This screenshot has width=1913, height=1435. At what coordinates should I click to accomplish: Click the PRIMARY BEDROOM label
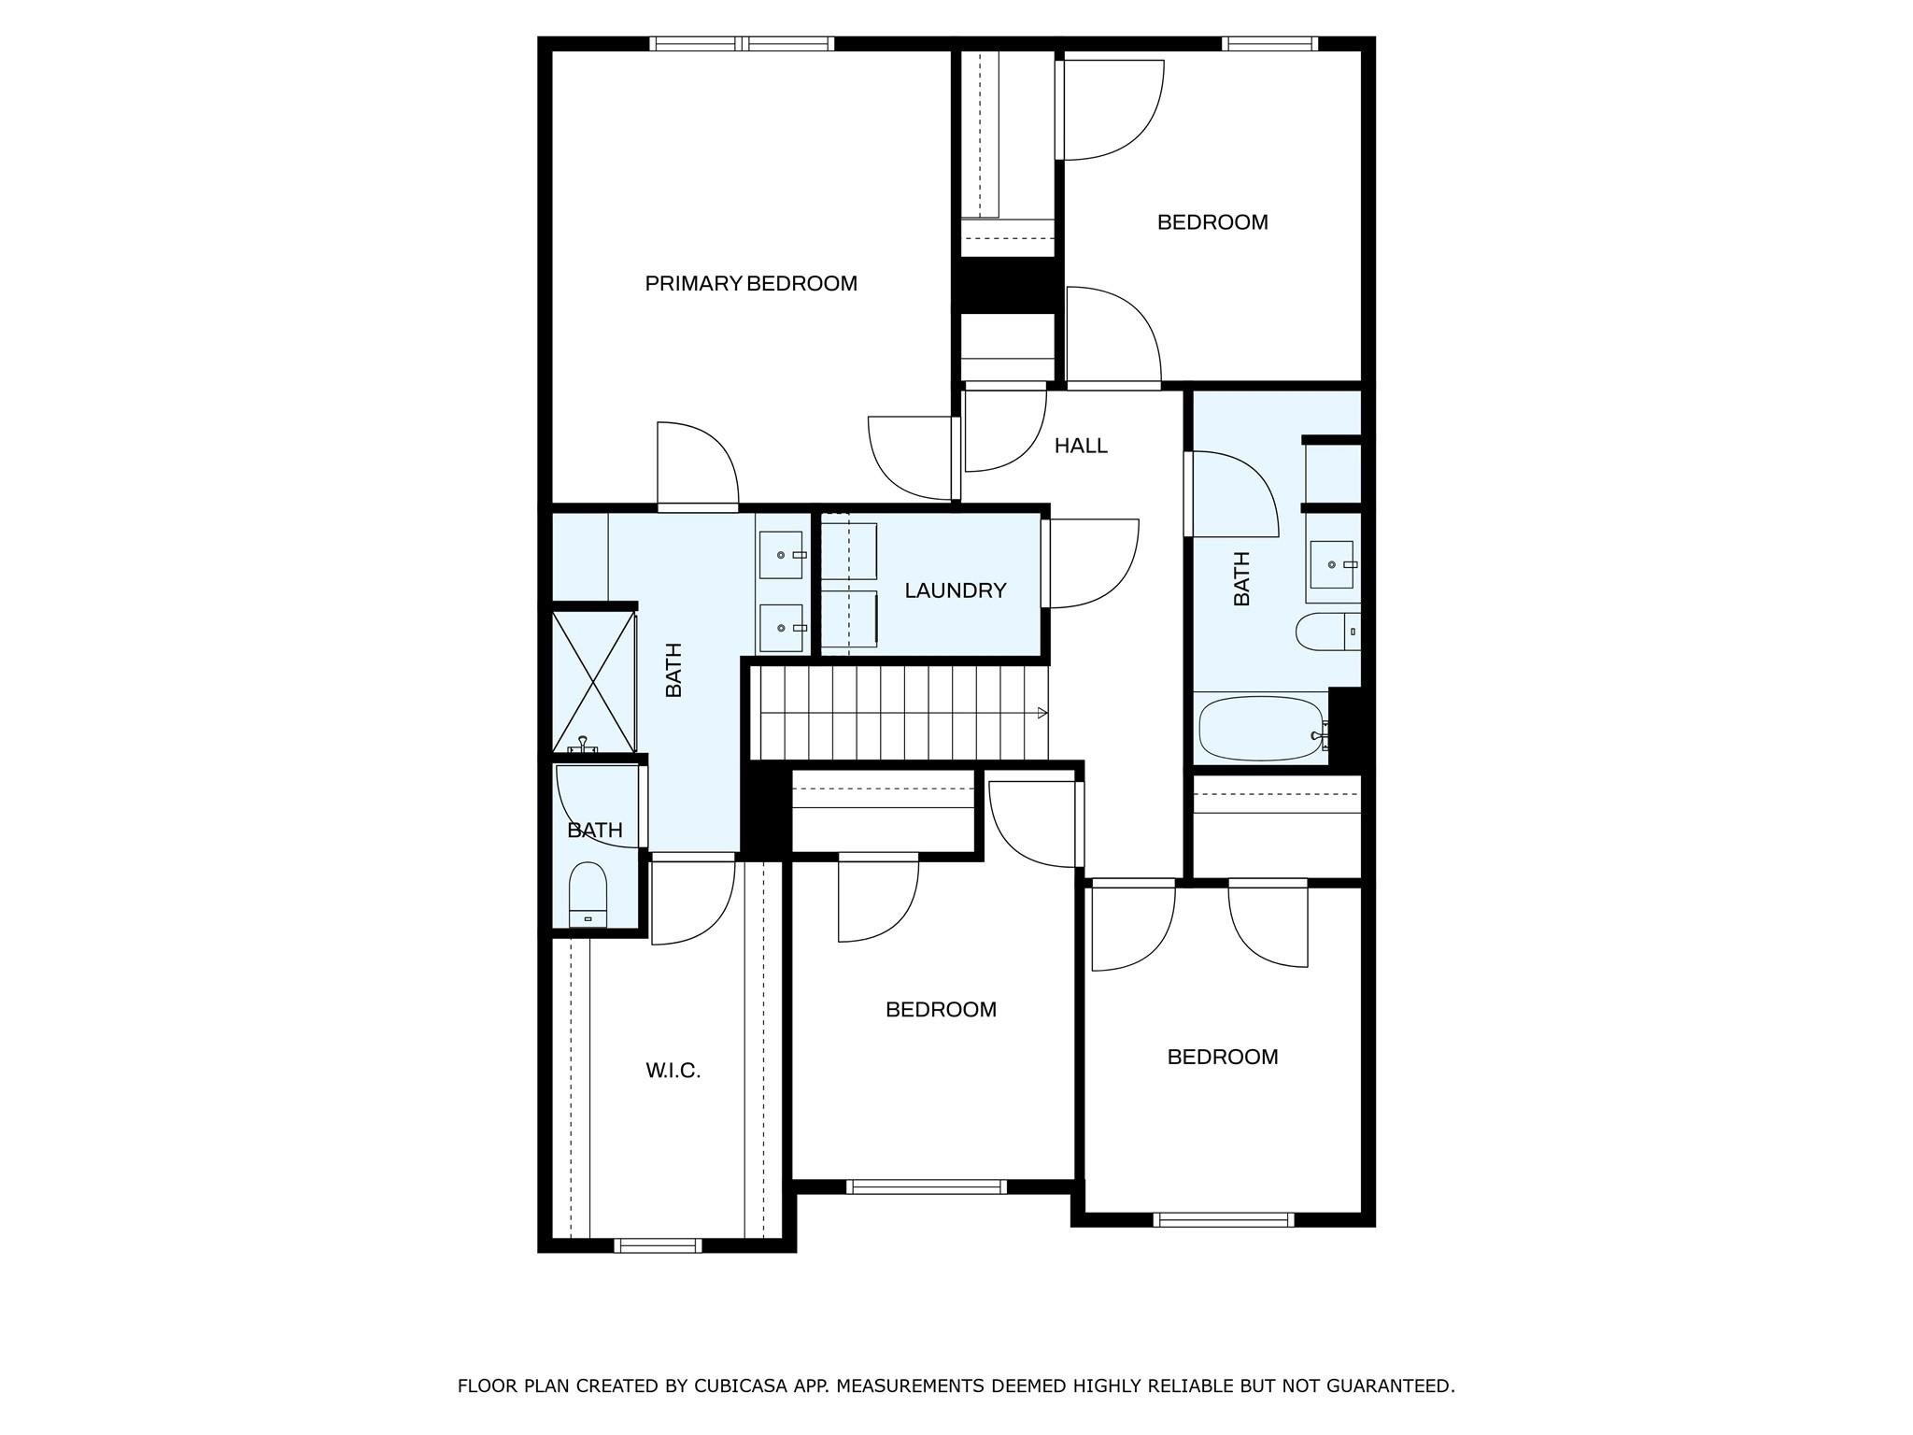pos(751,283)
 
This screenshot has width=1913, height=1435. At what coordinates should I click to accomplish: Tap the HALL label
pos(1081,446)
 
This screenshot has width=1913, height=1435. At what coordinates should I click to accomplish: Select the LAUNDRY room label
pos(955,590)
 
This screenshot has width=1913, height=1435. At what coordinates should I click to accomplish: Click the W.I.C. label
pos(673,1071)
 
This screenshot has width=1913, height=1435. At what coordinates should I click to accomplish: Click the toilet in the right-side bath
pos(1325,632)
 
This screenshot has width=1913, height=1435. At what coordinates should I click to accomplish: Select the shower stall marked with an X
pos(594,681)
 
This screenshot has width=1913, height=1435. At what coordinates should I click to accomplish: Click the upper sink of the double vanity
pos(782,555)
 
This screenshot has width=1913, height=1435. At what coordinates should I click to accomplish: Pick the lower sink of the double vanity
pos(782,628)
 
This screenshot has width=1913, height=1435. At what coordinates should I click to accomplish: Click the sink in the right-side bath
pos(1331,564)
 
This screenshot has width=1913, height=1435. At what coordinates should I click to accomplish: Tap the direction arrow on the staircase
pos(1042,714)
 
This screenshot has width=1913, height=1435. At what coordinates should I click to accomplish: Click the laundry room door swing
pos(1093,563)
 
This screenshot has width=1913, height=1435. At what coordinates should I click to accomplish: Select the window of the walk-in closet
pos(659,1245)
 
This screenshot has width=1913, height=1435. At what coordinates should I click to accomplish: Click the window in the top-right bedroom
pos(1269,43)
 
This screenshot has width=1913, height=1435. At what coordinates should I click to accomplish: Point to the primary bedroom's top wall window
pos(742,43)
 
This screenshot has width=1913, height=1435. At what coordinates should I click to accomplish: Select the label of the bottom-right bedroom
pos(1222,1057)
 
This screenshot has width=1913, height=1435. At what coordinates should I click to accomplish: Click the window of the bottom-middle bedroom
pos(927,1187)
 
